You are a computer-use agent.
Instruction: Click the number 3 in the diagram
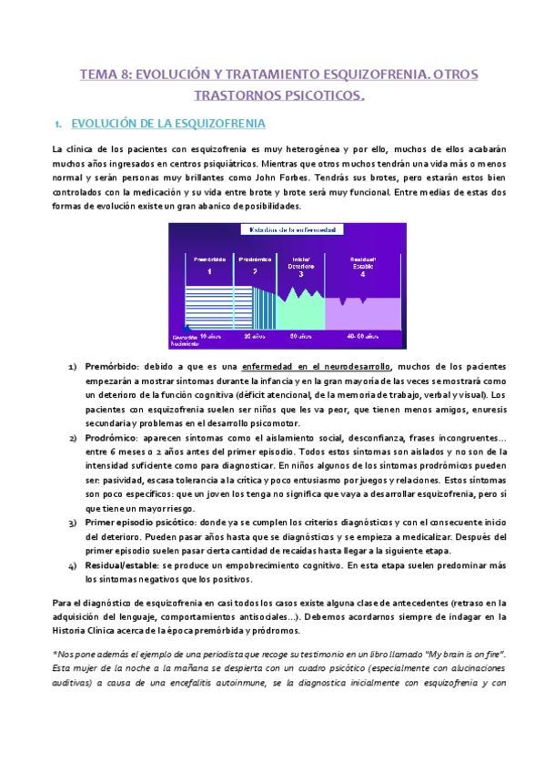pyautogui.click(x=300, y=274)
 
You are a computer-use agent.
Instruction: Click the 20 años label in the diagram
pyautogui.click(x=256, y=336)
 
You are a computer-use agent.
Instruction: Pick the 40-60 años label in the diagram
pyautogui.click(x=362, y=336)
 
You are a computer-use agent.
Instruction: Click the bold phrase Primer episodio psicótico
pyautogui.click(x=152, y=523)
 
